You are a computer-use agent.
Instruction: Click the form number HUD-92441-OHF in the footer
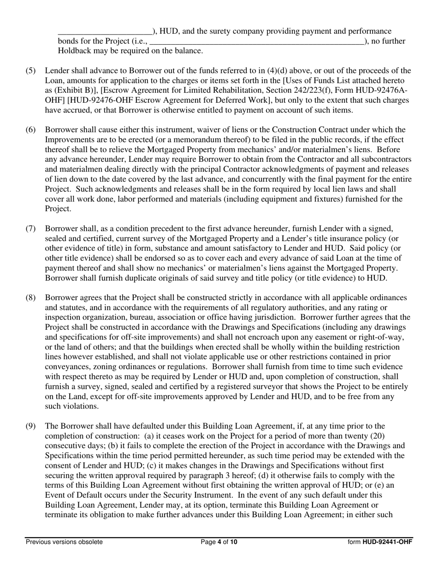(x=380, y=542)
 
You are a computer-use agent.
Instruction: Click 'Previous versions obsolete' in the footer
(x=64, y=542)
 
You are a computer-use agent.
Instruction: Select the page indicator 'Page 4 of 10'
(x=219, y=542)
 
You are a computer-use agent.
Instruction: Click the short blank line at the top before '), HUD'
(x=105, y=32)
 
